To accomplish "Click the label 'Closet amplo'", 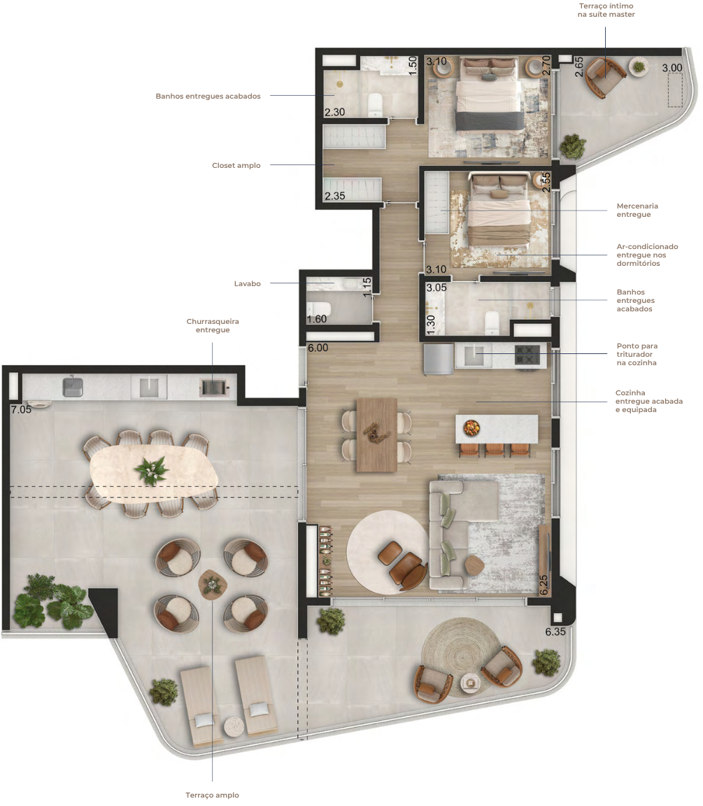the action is point(236,166).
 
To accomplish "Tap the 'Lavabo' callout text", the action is point(247,284).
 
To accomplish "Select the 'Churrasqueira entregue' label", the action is point(213,325).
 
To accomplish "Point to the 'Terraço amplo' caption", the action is point(212,796).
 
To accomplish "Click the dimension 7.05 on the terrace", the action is point(21,410).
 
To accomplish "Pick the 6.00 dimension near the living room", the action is point(318,348).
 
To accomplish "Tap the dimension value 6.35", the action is point(555,632).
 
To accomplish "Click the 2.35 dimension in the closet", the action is point(334,196).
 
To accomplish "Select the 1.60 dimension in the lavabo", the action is point(317,319).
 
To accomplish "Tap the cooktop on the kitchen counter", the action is point(527,355).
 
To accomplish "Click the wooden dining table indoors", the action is point(376,434).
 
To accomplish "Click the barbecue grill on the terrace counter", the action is point(214,387).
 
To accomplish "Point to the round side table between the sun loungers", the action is point(234,726).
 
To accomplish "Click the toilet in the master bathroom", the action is point(376,104).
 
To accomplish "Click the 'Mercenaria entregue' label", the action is point(637,210).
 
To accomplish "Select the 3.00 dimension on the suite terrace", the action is point(672,68).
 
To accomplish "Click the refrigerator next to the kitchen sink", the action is point(439,359).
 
